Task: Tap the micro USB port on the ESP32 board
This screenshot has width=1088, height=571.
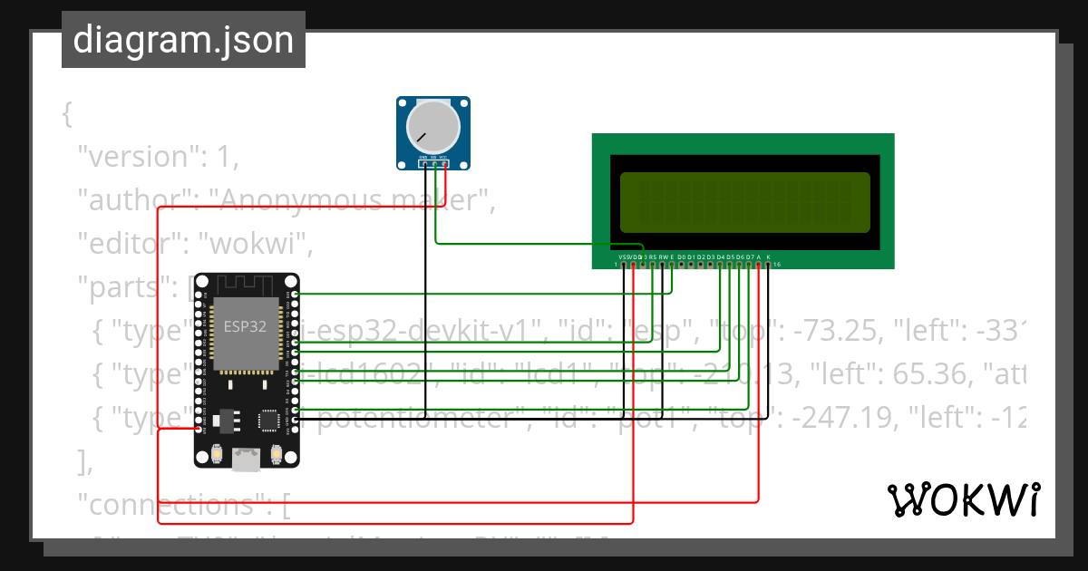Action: click(246, 460)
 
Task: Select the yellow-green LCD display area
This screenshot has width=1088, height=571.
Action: click(744, 201)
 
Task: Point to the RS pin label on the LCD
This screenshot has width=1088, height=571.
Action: click(653, 256)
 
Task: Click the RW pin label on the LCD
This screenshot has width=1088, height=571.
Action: click(663, 256)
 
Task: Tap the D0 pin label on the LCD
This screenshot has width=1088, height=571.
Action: click(682, 256)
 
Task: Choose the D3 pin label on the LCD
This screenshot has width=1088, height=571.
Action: click(711, 256)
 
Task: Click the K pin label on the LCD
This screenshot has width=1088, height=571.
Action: click(768, 256)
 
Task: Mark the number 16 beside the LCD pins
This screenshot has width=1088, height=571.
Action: click(777, 265)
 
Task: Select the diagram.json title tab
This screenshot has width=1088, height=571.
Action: click(183, 40)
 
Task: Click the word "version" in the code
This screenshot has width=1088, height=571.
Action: click(136, 157)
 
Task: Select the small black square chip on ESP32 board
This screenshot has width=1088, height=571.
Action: click(269, 420)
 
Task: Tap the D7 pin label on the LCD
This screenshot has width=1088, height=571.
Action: click(749, 256)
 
